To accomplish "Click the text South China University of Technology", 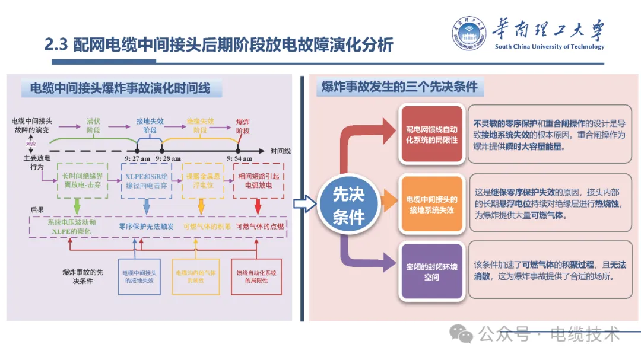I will coord(549,47).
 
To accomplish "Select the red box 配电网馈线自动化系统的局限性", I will coord(431,134).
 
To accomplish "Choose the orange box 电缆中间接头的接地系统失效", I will coord(431,205).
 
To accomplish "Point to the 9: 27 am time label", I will coord(138,158).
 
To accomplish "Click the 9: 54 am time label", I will coord(240,158).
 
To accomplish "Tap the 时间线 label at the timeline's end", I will coord(280,151).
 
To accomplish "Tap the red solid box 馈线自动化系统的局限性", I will coord(256,276).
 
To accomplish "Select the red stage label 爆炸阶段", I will coord(243,125).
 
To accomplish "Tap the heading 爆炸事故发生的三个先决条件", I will coord(399,87).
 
